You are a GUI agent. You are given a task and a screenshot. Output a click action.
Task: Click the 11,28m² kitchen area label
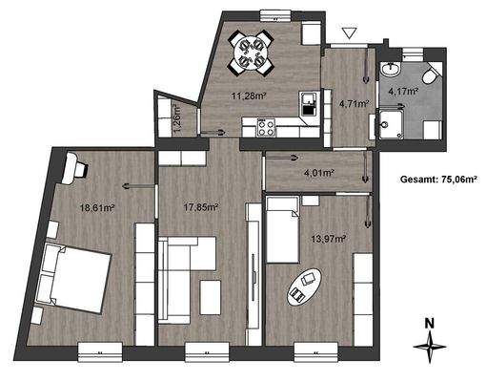pos(250,95)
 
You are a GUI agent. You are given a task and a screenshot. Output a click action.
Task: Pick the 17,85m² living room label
pos(201,205)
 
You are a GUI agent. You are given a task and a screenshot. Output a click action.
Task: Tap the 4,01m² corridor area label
pos(317,174)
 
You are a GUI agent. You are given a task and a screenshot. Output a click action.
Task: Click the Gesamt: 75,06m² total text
pos(440,179)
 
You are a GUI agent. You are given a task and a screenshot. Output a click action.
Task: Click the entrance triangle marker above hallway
pos(349,34)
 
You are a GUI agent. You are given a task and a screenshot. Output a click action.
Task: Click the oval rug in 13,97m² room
pos(304,285)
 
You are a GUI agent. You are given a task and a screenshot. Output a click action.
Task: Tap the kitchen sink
pos(307,102)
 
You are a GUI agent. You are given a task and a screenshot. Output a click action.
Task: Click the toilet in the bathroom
pos(428,74)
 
